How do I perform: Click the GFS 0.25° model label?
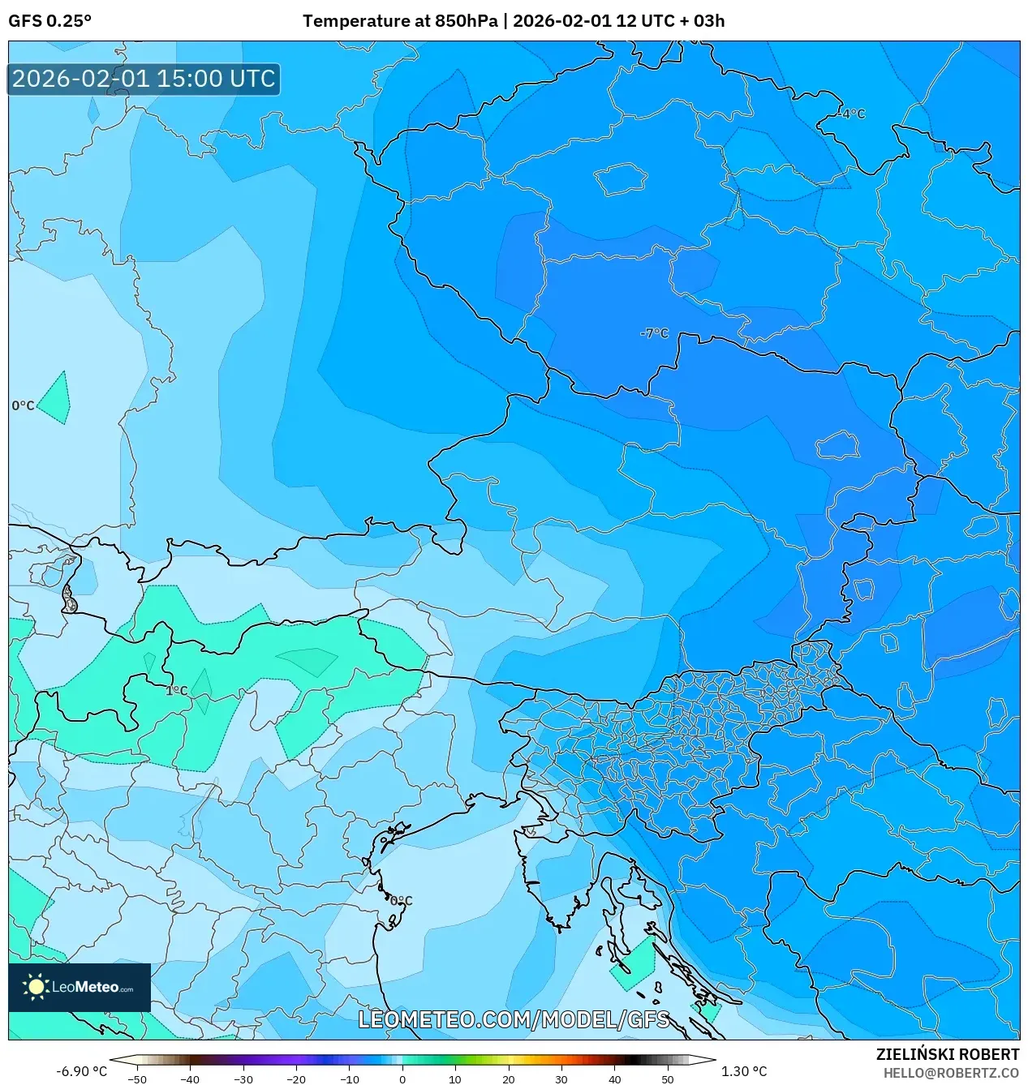click(49, 21)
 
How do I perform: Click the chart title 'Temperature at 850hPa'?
click(400, 21)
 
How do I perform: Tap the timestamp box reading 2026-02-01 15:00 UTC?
click(144, 79)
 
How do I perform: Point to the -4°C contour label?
click(852, 114)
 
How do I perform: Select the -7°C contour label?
click(654, 333)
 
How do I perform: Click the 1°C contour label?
click(177, 691)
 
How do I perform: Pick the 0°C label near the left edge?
click(23, 405)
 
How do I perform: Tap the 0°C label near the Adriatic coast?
click(401, 901)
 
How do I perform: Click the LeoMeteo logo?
click(80, 987)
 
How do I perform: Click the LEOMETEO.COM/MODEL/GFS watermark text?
click(514, 1019)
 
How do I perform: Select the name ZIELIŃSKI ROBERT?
click(947, 1054)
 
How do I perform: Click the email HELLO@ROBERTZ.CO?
click(951, 1072)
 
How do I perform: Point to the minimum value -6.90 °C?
click(81, 1071)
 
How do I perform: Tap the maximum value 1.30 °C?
click(743, 1071)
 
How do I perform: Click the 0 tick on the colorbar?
click(402, 1079)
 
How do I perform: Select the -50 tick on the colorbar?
click(137, 1079)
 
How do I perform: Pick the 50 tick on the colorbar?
click(667, 1079)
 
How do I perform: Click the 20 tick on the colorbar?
click(508, 1079)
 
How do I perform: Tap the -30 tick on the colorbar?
click(243, 1079)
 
